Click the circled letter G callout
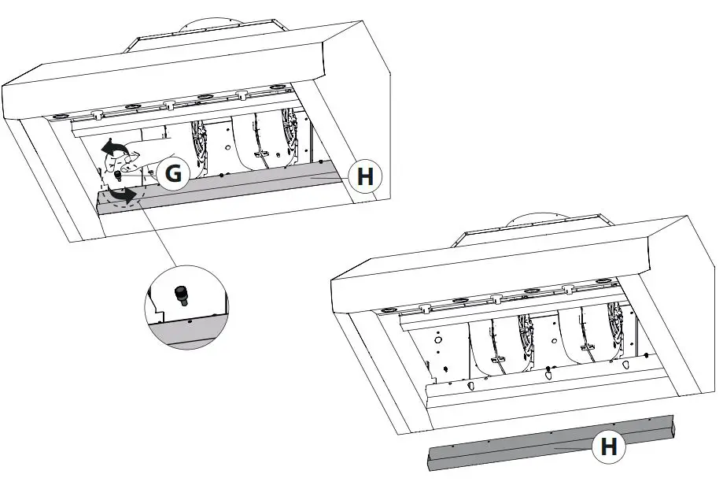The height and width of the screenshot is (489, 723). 173,175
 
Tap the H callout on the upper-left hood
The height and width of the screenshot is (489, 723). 364,177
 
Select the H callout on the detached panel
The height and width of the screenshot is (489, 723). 608,447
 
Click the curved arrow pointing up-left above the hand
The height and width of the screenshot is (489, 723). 116,147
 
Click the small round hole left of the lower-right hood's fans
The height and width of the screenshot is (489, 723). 438,343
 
